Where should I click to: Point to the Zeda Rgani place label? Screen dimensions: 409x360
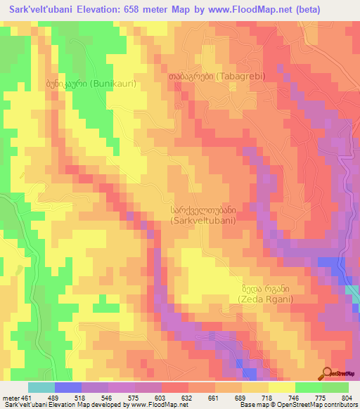pos(265,293)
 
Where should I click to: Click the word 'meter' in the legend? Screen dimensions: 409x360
pos(10,397)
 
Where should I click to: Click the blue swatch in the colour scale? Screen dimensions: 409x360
pos(68,387)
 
